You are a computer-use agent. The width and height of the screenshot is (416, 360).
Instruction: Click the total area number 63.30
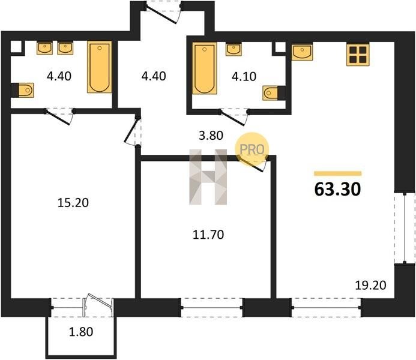click(337, 190)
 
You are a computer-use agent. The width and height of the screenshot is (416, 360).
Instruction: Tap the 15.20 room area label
click(73, 203)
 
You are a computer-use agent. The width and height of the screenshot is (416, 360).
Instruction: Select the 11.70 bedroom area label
click(208, 235)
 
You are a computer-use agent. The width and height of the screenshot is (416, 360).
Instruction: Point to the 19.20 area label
click(370, 286)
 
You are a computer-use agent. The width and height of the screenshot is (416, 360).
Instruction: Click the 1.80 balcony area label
click(81, 332)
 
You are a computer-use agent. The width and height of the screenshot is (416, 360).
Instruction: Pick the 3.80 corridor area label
click(211, 136)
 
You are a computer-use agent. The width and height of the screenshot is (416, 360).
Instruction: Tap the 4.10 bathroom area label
click(244, 76)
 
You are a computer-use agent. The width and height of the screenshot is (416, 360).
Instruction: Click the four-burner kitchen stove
click(358, 55)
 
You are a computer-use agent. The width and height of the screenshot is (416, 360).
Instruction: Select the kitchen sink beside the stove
click(302, 52)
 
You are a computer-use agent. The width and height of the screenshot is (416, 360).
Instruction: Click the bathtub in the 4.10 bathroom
click(205, 68)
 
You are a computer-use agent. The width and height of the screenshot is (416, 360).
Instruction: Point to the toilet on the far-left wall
click(22, 90)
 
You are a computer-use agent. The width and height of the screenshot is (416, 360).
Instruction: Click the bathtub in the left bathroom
click(100, 67)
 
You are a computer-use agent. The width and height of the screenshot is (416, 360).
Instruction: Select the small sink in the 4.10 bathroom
click(234, 50)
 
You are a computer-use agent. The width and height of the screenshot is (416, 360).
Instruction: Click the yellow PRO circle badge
click(252, 149)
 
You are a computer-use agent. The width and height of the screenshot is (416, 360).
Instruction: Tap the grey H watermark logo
click(208, 177)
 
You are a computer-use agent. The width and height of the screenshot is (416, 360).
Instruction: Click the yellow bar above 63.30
click(338, 173)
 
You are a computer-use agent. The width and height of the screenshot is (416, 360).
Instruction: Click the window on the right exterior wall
click(405, 228)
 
